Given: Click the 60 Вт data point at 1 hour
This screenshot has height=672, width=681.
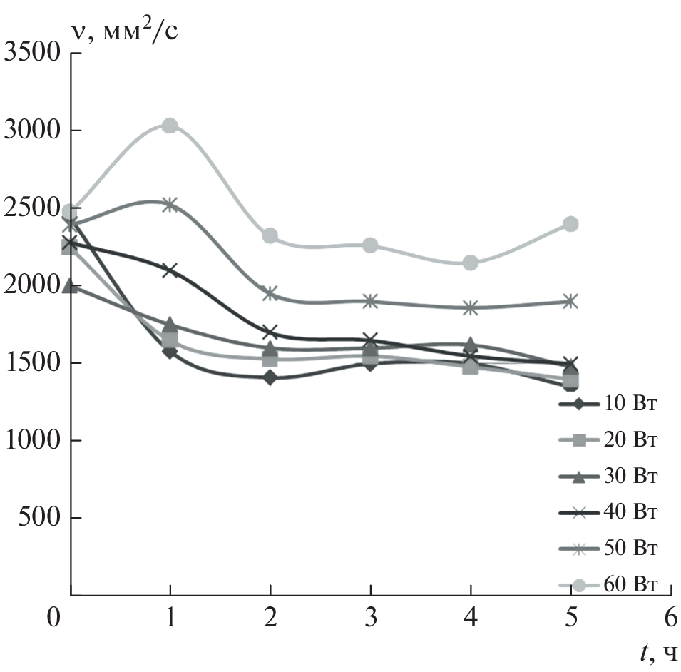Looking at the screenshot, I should click(x=170, y=126).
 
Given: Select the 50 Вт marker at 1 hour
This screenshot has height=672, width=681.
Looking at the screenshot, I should click(x=170, y=205).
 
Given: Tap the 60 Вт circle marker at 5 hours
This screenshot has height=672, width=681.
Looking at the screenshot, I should click(x=570, y=224).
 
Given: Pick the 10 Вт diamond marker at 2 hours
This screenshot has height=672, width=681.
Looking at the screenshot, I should click(x=270, y=377).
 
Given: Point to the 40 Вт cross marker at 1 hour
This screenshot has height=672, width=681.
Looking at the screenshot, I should click(x=170, y=270).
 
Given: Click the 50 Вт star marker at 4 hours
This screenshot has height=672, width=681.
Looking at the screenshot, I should click(x=471, y=308).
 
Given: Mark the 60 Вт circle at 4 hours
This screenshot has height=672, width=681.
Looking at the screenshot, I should click(x=471, y=263).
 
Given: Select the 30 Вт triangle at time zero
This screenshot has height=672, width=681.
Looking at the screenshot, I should click(x=70, y=285).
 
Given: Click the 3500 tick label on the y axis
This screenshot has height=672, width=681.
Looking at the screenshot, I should click(x=32, y=53).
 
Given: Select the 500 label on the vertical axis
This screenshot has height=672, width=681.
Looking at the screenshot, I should click(x=40, y=518).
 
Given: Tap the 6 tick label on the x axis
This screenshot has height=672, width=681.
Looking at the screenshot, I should click(x=670, y=616).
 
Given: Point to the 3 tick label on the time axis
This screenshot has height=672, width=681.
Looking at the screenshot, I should click(x=371, y=616).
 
